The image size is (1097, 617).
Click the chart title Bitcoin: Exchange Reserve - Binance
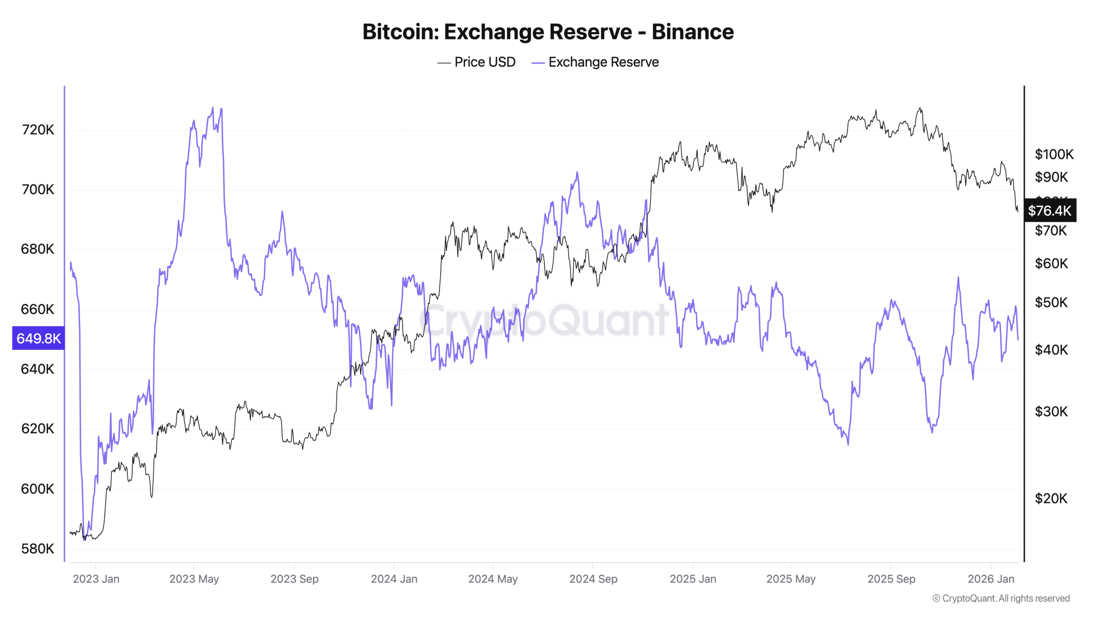pyautogui.click(x=548, y=32)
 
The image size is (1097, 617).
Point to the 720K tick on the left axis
pyautogui.click(x=38, y=129)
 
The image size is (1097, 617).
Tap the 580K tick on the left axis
pyautogui.click(x=38, y=548)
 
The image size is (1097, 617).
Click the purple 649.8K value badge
pyautogui.click(x=38, y=338)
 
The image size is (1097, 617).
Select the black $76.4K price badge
pyautogui.click(x=1049, y=210)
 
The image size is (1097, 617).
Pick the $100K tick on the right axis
pyautogui.click(x=1054, y=154)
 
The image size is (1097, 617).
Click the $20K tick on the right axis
pyautogui.click(x=1051, y=498)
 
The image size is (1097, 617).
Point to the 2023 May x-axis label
pyautogui.click(x=194, y=579)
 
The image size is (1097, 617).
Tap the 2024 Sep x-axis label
pyautogui.click(x=593, y=579)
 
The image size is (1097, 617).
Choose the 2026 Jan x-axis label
pyautogui.click(x=990, y=579)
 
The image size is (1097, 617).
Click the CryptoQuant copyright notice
pyautogui.click(x=1001, y=598)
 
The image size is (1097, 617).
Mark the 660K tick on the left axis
pyautogui.click(x=38, y=309)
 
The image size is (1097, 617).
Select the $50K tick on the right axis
pyautogui.click(x=1051, y=303)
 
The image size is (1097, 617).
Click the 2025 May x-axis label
pyautogui.click(x=791, y=579)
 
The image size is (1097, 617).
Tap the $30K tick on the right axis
pyautogui.click(x=1051, y=411)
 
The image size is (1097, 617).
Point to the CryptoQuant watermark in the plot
pyautogui.click(x=544, y=319)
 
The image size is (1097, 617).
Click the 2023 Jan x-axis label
pyautogui.click(x=96, y=579)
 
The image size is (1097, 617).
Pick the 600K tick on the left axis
pyautogui.click(x=38, y=488)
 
